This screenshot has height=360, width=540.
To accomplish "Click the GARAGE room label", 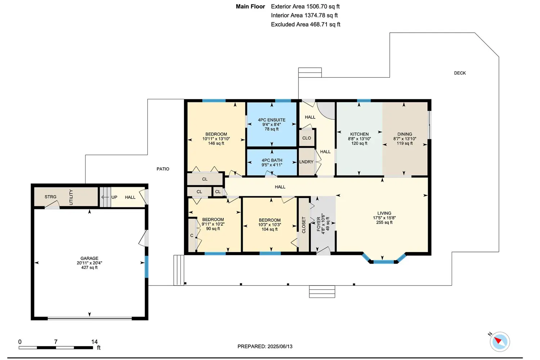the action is (x=89, y=258).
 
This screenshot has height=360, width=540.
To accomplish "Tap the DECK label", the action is (x=460, y=73).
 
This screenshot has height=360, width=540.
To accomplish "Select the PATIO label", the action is (x=163, y=169).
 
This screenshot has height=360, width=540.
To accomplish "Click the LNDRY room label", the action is (x=306, y=162).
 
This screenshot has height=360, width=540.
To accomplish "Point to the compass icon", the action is (x=500, y=342).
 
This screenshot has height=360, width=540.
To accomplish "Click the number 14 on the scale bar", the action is (x=94, y=342).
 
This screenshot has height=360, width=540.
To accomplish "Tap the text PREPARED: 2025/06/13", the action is (x=265, y=346).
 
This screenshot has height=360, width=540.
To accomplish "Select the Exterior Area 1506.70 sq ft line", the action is (x=305, y=6).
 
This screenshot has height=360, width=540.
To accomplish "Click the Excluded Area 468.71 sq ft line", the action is (x=305, y=24).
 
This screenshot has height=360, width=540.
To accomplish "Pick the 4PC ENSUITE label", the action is (x=272, y=120).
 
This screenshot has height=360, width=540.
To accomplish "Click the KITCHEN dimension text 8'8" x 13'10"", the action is (x=359, y=139).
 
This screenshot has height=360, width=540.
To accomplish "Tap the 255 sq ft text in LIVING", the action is (x=384, y=222).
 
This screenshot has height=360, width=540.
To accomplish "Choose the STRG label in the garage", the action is (x=50, y=197).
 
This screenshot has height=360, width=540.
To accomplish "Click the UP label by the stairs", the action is (x=114, y=197).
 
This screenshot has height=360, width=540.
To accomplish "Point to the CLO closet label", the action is (x=307, y=138).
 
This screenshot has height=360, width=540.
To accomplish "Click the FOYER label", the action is (x=319, y=224).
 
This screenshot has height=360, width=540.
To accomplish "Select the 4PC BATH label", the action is (x=272, y=160).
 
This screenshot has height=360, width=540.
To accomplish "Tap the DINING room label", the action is (x=405, y=134).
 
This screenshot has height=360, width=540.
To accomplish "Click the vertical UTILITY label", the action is (x=71, y=197).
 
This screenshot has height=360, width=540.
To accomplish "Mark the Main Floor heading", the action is (x=250, y=6).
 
